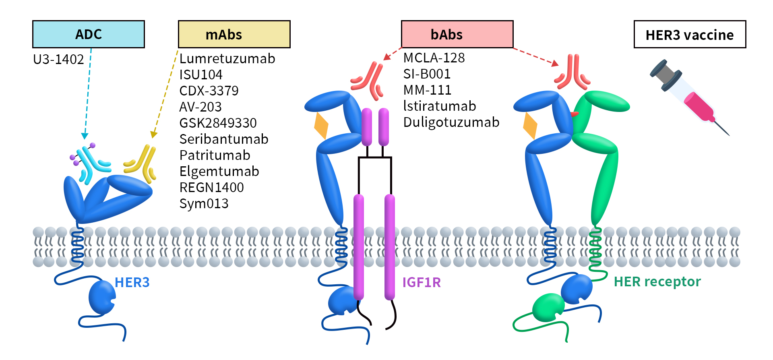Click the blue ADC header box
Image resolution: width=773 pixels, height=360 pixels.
(88, 34)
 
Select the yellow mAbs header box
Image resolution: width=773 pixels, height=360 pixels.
(234, 34)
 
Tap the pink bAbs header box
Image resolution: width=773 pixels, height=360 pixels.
(457, 34)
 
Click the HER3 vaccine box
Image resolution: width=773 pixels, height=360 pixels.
(689, 35)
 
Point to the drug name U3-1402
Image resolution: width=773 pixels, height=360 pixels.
(58, 60)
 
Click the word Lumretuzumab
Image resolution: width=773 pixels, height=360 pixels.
(227, 59)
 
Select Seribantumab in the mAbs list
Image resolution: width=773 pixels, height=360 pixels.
(224, 139)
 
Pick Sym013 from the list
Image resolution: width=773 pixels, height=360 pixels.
(204, 204)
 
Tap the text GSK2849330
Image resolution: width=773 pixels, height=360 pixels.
(218, 123)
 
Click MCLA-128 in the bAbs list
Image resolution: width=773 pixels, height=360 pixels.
(434, 58)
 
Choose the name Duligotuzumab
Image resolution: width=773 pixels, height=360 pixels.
(451, 122)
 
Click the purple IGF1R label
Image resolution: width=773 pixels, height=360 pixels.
(422, 283)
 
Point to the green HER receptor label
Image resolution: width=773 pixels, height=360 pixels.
(657, 282)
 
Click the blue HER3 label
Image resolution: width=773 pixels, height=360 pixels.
(132, 283)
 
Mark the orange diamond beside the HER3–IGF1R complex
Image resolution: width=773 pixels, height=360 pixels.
(321, 126)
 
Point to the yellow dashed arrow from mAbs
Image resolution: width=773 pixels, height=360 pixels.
(165, 95)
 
